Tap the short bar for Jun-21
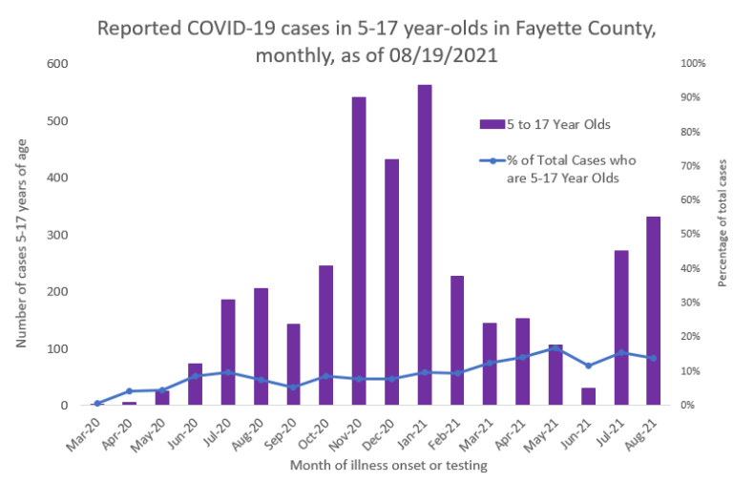point(588,396)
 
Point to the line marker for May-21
point(555,348)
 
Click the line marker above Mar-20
point(98,404)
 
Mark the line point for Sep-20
point(294,387)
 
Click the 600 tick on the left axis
point(59,64)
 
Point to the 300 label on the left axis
point(59,235)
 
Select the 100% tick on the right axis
point(692,64)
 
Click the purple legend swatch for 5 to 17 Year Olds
point(492,124)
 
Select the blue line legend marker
point(492,159)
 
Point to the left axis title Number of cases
point(20,234)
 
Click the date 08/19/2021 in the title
point(440,55)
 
